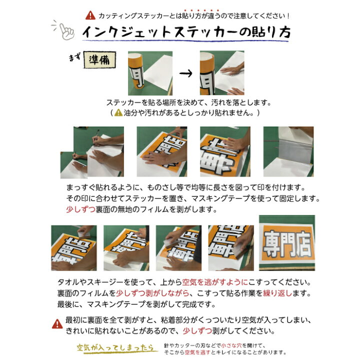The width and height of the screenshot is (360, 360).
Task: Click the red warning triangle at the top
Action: coord(90,15)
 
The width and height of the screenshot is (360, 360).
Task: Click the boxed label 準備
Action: coord(99,59)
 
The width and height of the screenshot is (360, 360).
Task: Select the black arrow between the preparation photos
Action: coord(185,73)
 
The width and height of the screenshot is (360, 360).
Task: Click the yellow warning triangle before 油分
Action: coord(118,112)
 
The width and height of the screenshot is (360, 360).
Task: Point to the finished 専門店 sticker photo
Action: coord(287,243)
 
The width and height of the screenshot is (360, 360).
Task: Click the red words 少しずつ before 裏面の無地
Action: coord(80,209)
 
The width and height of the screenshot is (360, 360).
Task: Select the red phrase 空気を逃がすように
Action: coord(215,282)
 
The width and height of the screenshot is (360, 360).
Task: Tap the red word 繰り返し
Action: coord(277,293)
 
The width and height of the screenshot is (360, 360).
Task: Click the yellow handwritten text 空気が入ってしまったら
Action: coord(115,348)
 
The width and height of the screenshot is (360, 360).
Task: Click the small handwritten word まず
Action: coord(74,57)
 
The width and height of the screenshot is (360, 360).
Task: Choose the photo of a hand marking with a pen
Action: coord(98,151)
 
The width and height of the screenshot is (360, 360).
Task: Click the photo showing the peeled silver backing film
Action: coord(288,151)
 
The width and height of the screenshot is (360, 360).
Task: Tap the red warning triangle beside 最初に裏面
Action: coord(57,324)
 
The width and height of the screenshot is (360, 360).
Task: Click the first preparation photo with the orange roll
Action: coord(150,73)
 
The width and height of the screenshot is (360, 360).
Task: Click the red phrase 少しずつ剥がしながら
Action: coord(152,293)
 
